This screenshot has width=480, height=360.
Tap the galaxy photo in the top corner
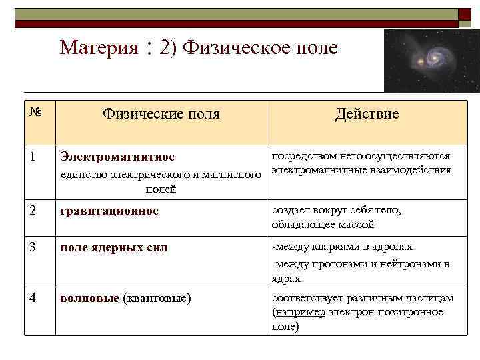click(x=431, y=60)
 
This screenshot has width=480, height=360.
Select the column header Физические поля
click(x=161, y=114)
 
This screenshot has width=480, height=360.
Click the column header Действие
click(x=367, y=114)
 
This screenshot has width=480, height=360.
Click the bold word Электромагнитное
click(x=117, y=157)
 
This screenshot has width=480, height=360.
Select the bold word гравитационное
click(x=109, y=211)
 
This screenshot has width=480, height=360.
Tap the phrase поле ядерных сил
click(x=113, y=247)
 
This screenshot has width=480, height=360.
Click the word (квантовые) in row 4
click(x=157, y=297)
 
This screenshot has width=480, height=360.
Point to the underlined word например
click(x=299, y=312)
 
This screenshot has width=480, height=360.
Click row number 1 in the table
click(x=33, y=156)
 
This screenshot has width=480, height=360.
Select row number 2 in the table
click(x=33, y=210)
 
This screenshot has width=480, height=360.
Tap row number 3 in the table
click(x=33, y=247)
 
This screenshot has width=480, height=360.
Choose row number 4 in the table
click(x=33, y=297)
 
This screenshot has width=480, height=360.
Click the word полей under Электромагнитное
click(x=161, y=189)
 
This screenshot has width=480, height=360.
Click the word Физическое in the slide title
click(x=231, y=48)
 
